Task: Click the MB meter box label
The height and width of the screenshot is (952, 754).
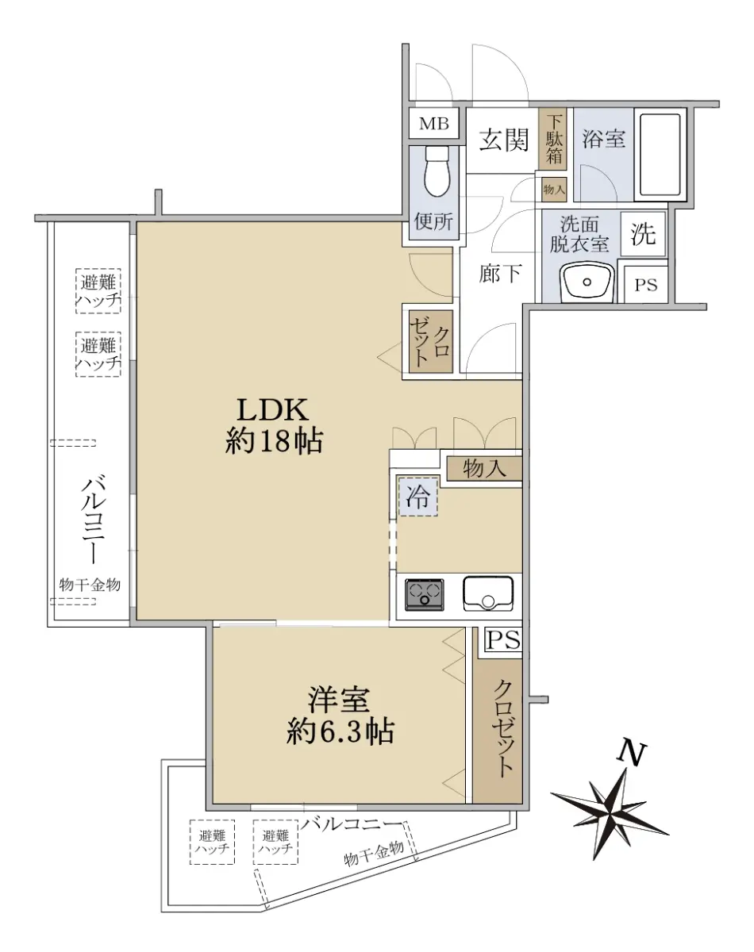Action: click(x=434, y=124)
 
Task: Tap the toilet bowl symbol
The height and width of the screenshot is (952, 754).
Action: click(x=437, y=171)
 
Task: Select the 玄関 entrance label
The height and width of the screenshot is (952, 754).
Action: click(x=504, y=140)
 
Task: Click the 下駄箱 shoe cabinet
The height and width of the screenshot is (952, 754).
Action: click(x=553, y=139)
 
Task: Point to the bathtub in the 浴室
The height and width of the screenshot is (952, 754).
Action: click(x=660, y=155)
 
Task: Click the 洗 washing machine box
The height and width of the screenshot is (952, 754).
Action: click(x=644, y=234)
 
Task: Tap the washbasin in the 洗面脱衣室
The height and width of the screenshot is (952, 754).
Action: click(x=587, y=282)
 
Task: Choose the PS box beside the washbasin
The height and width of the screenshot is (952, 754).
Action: click(x=645, y=285)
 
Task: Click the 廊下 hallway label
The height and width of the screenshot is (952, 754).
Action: click(x=500, y=273)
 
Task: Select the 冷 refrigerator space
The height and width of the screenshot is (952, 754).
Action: click(x=418, y=496)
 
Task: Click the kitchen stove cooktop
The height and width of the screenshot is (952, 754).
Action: click(x=424, y=595)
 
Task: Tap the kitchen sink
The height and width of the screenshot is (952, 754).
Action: click(x=488, y=594)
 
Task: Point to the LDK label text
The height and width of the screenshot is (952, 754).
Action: click(x=273, y=410)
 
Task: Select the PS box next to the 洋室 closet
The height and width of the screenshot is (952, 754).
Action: click(x=504, y=639)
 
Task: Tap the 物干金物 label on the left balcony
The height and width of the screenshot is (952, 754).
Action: click(x=90, y=585)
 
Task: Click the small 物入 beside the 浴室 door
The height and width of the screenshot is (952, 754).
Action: click(x=554, y=190)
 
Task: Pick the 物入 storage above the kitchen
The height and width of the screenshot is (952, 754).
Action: click(x=484, y=469)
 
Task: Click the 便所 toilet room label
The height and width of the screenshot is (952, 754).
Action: click(x=434, y=221)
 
